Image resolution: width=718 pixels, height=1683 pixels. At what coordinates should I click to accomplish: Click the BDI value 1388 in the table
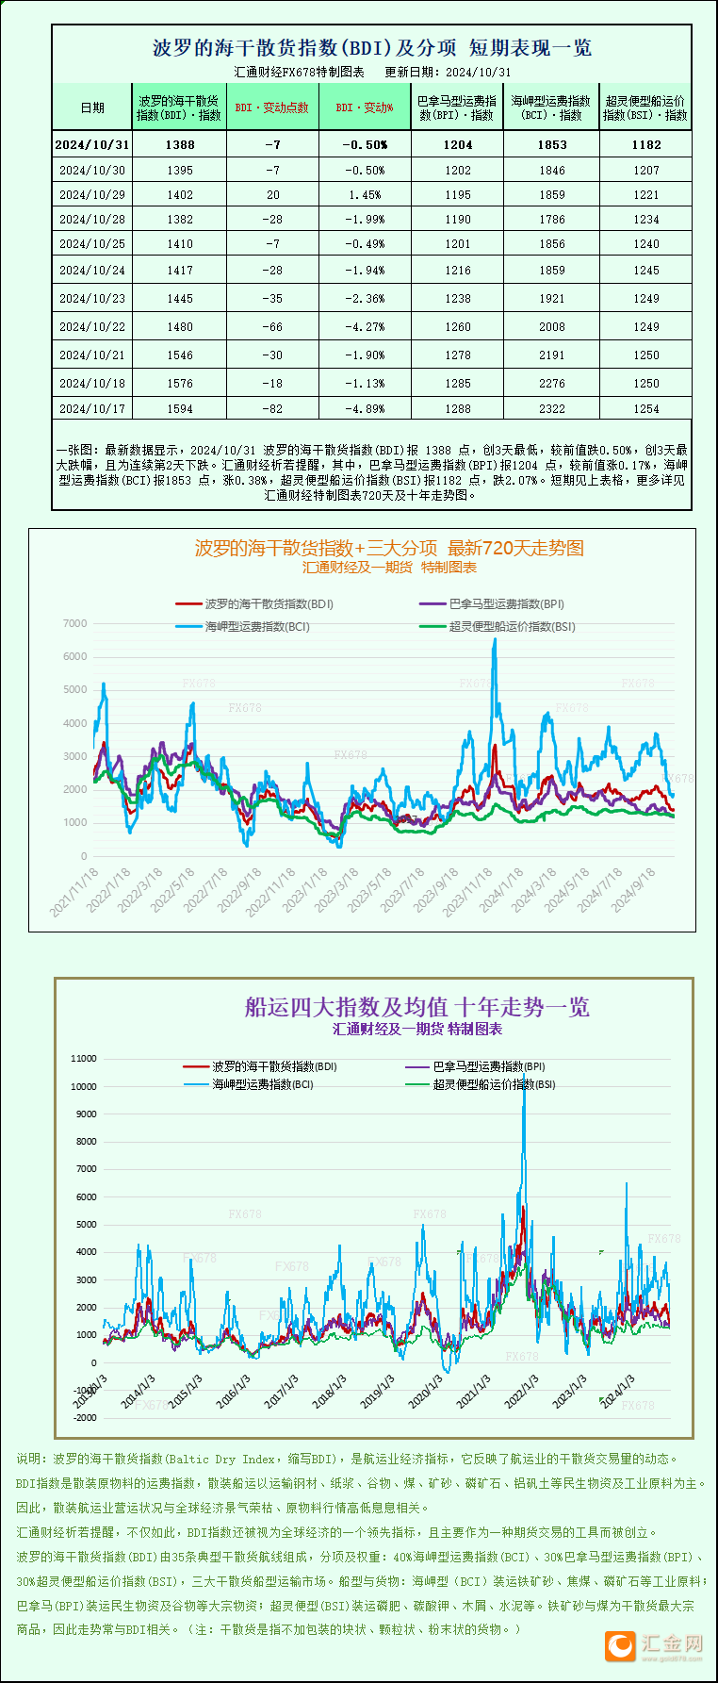(x=179, y=144)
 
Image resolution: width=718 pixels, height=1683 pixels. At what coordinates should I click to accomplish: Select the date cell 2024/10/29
(x=92, y=195)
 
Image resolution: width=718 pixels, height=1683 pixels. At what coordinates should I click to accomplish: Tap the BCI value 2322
(x=552, y=408)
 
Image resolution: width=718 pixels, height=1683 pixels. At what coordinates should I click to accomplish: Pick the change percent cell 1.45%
(x=365, y=195)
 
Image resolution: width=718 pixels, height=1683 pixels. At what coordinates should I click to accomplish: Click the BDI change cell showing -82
(x=273, y=408)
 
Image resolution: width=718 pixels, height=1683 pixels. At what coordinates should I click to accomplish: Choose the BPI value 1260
(x=458, y=327)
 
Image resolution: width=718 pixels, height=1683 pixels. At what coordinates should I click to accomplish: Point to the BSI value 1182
(x=646, y=144)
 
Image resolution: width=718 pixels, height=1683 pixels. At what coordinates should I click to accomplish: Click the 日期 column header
(x=92, y=107)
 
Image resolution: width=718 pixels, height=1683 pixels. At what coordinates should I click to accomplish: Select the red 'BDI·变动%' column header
(x=365, y=107)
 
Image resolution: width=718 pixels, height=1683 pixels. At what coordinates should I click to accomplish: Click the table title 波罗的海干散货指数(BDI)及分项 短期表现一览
(x=372, y=48)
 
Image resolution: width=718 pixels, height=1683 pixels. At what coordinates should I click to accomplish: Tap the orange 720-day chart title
(x=389, y=548)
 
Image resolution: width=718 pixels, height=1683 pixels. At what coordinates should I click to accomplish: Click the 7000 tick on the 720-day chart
(x=75, y=623)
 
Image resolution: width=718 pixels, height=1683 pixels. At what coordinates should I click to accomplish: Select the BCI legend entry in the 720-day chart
(x=242, y=626)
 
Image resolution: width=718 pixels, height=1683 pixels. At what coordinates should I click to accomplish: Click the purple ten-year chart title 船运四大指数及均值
(x=416, y=1007)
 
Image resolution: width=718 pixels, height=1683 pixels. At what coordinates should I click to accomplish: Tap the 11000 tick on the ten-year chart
(x=84, y=1059)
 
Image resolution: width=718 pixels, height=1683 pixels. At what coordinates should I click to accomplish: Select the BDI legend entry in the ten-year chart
(x=260, y=1066)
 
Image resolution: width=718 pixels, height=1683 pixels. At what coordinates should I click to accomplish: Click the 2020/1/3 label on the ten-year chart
(x=426, y=1391)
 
